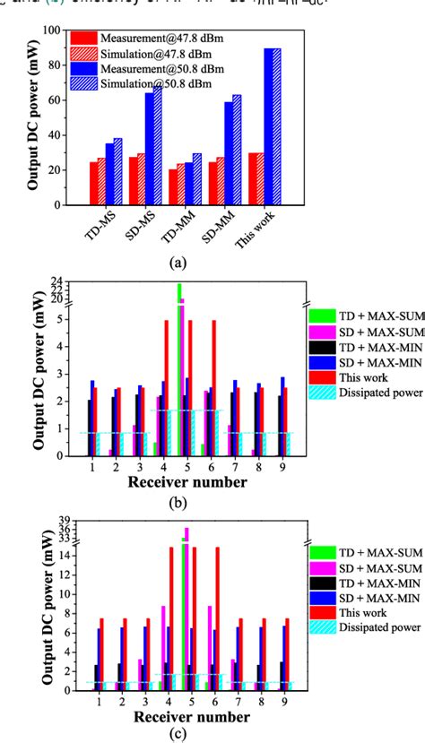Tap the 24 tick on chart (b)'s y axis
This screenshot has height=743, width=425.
(x=57, y=280)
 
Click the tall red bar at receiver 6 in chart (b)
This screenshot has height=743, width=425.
(x=213, y=387)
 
